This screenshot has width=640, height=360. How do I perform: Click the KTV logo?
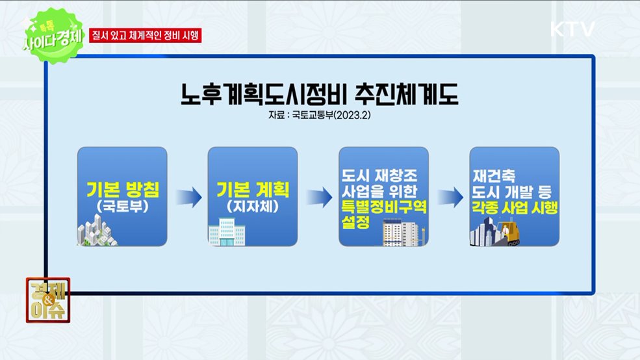[572, 29]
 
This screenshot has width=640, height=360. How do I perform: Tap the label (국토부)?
[123, 207]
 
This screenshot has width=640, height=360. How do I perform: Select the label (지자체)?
[253, 207]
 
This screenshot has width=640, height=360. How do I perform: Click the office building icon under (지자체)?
[227, 232]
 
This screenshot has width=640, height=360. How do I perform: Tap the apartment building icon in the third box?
[403, 233]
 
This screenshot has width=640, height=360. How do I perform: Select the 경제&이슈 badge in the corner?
[48, 300]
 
